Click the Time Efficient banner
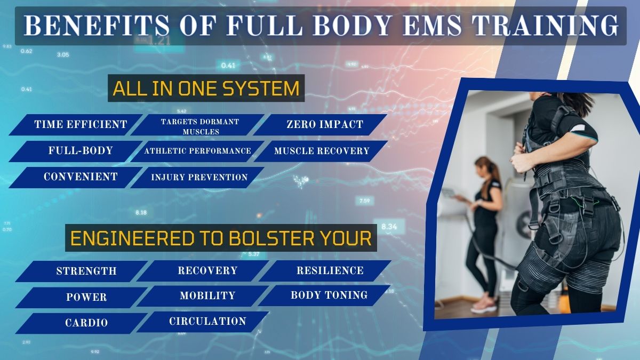tap(80, 125)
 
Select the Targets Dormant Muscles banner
tap(199, 126)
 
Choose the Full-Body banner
tap(80, 151)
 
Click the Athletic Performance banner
tap(197, 151)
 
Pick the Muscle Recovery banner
tap(322, 151)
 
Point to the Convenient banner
tap(80, 177)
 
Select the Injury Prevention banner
tap(199, 177)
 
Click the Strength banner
tap(86, 271)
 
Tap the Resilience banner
tap(330, 271)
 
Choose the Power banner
tap(86, 297)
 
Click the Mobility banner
tap(207, 295)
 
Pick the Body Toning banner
tap(329, 295)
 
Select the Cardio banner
tap(86, 323)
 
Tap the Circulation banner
tap(207, 322)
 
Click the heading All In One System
tap(206, 88)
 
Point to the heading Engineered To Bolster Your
tap(221, 238)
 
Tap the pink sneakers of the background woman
tap(484, 303)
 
